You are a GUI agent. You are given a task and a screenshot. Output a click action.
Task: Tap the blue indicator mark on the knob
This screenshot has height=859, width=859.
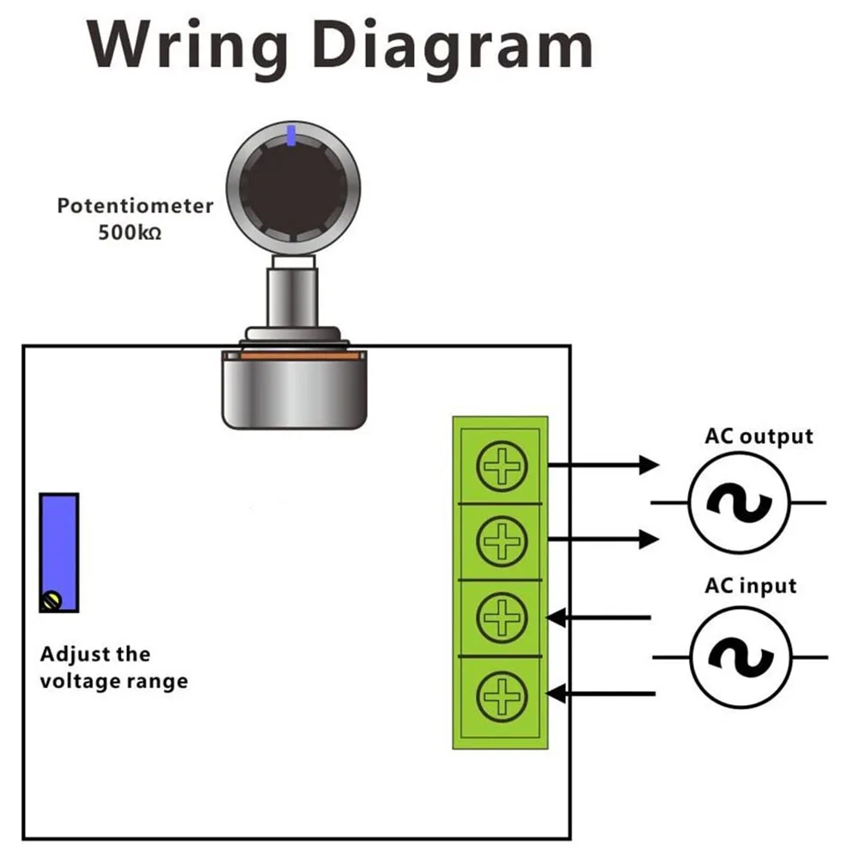tap(291, 136)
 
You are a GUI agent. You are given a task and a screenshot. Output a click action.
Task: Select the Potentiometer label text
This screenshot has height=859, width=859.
tap(135, 206)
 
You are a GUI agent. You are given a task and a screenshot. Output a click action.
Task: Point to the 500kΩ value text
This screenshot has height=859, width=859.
tap(129, 232)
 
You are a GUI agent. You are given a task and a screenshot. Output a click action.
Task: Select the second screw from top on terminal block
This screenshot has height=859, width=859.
tap(501, 541)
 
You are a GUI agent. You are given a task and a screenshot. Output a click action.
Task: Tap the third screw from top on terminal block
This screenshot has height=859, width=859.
tap(501, 617)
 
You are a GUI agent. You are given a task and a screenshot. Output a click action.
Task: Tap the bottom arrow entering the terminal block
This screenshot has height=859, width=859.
tap(600, 692)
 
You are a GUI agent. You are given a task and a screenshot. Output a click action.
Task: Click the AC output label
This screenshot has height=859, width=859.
tap(758, 436)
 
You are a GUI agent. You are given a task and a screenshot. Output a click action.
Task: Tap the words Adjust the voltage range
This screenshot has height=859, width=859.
tap(113, 668)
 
